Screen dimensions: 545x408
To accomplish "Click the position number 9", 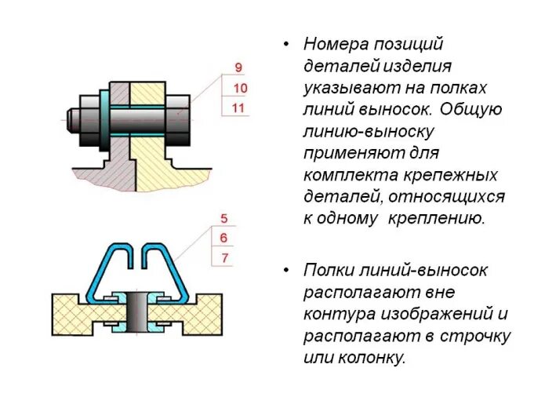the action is (239, 67).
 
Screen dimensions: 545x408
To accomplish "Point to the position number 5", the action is (223, 219).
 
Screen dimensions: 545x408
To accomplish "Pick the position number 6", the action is (223, 238).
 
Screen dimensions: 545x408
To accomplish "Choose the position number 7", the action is (223, 257).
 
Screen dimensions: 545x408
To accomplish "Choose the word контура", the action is (336, 315).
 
